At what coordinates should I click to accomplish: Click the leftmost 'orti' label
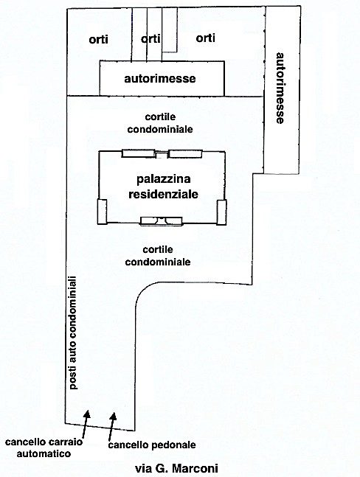(98, 40)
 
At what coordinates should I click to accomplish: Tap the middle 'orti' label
(150, 38)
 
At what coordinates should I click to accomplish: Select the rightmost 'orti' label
(205, 38)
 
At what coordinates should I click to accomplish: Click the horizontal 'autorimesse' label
(160, 78)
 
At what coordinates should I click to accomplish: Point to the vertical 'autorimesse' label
(280, 88)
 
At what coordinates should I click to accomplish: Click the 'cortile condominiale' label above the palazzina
(160, 123)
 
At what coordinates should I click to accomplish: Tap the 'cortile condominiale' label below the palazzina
(158, 256)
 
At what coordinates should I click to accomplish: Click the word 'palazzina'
(164, 179)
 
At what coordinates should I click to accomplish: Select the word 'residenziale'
(164, 194)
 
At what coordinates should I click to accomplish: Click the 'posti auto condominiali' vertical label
(74, 332)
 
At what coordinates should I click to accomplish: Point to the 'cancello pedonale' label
(152, 445)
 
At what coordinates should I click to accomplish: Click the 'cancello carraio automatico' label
(44, 448)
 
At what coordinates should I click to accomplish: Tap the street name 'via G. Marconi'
(176, 468)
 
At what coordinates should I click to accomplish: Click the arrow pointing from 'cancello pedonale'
(112, 426)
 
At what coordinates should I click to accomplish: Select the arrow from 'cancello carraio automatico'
(86, 424)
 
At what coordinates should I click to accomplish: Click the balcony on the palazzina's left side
(102, 212)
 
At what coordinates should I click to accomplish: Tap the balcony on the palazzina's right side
(221, 212)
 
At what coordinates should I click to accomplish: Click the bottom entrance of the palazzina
(161, 221)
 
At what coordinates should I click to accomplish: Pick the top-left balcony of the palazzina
(138, 153)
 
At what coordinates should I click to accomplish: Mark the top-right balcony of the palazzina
(185, 153)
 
